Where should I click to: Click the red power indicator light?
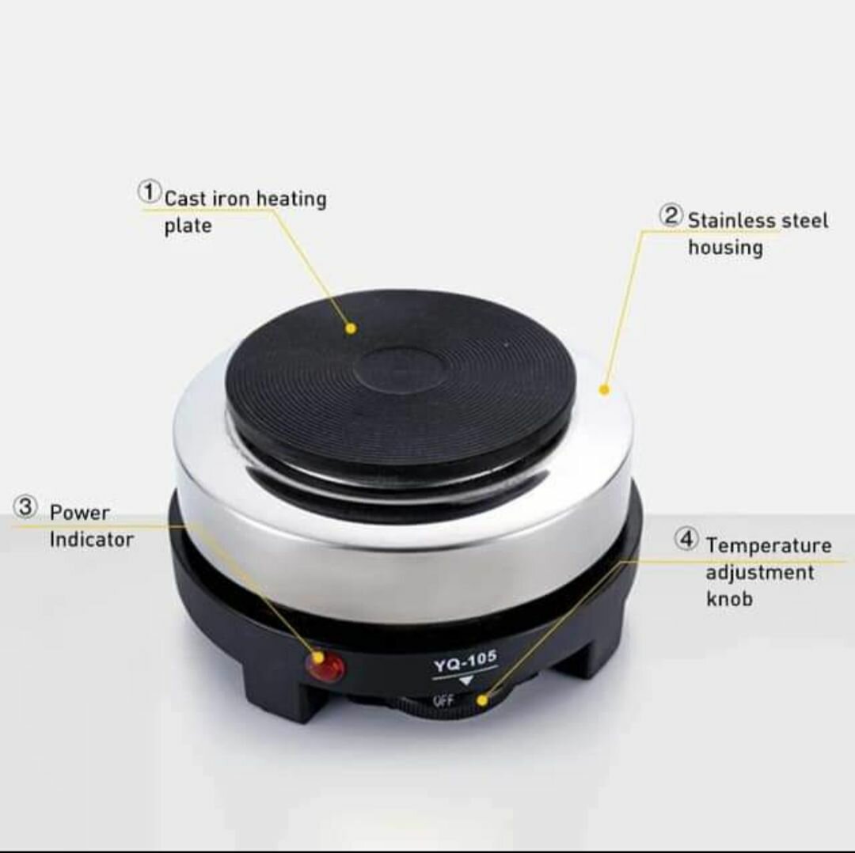(x=326, y=666)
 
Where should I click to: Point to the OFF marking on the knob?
(x=443, y=699)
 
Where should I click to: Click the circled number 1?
(x=149, y=191)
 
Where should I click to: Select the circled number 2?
(x=671, y=216)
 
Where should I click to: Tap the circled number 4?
(x=686, y=539)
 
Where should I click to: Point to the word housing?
(x=725, y=248)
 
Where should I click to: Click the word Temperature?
(x=769, y=545)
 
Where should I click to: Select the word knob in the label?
(x=729, y=598)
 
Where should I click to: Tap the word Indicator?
(x=92, y=540)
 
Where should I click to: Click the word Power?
(x=80, y=512)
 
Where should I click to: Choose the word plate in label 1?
(x=188, y=226)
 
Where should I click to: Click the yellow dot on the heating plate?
(x=351, y=328)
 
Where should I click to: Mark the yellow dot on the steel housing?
(x=603, y=390)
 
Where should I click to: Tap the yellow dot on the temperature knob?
(x=482, y=699)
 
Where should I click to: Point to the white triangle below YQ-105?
(x=465, y=682)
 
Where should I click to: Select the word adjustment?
(x=759, y=573)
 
